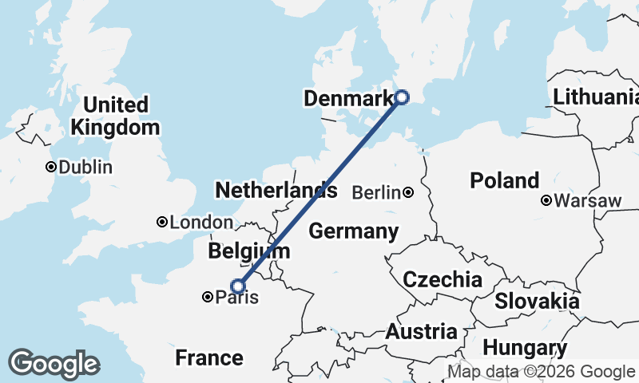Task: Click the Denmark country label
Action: click(x=348, y=99)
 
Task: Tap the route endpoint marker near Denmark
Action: click(x=402, y=97)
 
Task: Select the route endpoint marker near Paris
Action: click(x=237, y=286)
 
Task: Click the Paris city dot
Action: click(x=208, y=297)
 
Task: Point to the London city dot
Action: click(x=162, y=222)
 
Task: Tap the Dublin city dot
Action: click(x=51, y=167)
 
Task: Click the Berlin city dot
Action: click(x=408, y=192)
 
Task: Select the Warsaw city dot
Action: click(x=546, y=200)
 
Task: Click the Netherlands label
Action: click(x=276, y=190)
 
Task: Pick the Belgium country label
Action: click(x=248, y=251)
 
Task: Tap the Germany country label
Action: click(x=353, y=231)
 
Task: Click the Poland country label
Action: click(x=504, y=180)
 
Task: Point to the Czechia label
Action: click(x=442, y=280)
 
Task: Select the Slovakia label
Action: click(x=537, y=301)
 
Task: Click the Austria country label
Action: click(x=422, y=331)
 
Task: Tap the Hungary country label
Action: click(x=525, y=348)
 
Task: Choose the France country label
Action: click(x=208, y=357)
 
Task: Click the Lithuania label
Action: click(x=596, y=97)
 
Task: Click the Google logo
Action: click(x=54, y=364)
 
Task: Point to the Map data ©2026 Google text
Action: click(x=541, y=371)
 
